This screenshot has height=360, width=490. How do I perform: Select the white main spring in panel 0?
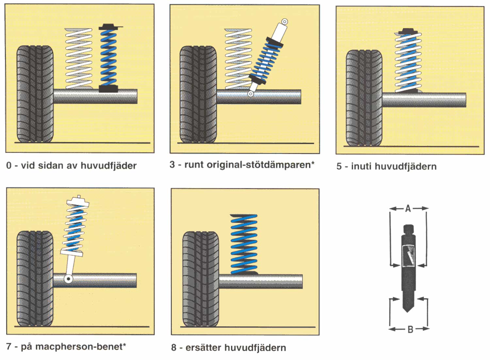79,58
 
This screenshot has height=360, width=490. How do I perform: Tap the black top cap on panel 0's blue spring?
108,27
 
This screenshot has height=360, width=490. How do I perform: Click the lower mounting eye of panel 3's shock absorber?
251,94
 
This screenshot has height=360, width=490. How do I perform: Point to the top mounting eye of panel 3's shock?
285,22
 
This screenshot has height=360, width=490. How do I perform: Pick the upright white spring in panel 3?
238,58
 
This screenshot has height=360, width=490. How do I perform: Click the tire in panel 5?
364,98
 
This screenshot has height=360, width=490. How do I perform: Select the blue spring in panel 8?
244,244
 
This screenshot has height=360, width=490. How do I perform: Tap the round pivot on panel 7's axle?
68,279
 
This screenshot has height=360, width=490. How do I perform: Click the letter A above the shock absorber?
408,208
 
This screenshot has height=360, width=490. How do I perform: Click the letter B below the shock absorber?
410,329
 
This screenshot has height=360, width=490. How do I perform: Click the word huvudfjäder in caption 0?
108,166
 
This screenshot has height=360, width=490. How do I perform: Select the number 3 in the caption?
172,164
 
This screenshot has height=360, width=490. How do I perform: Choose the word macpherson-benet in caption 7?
80,347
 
